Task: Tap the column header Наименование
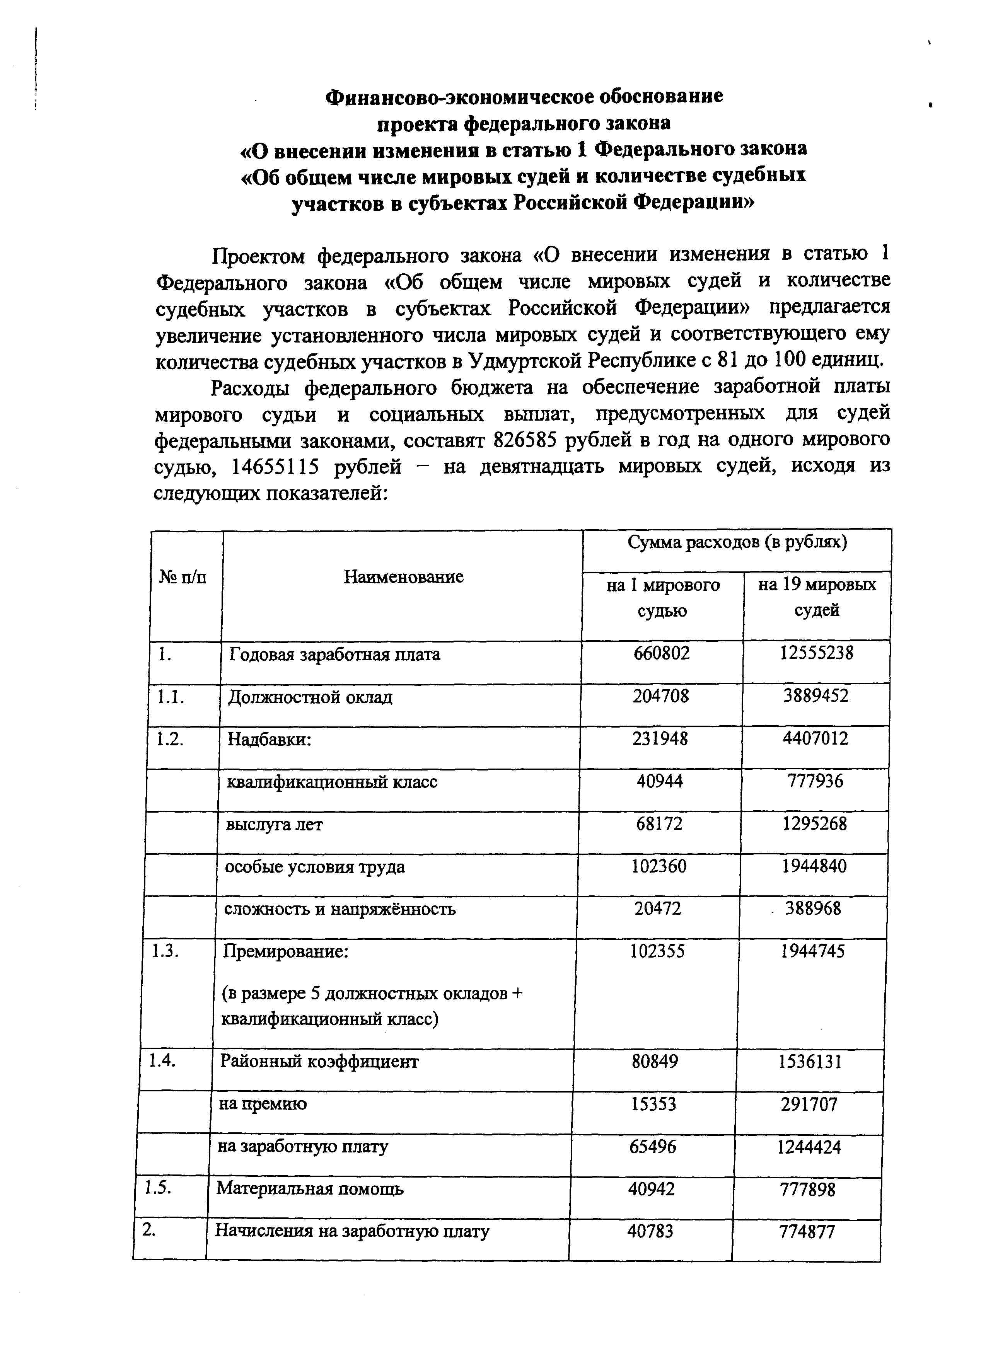coord(403,577)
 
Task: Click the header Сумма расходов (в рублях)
coord(737,542)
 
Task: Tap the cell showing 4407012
coord(815,738)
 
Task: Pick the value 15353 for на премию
coord(653,1104)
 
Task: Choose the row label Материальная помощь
coord(310,1189)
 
